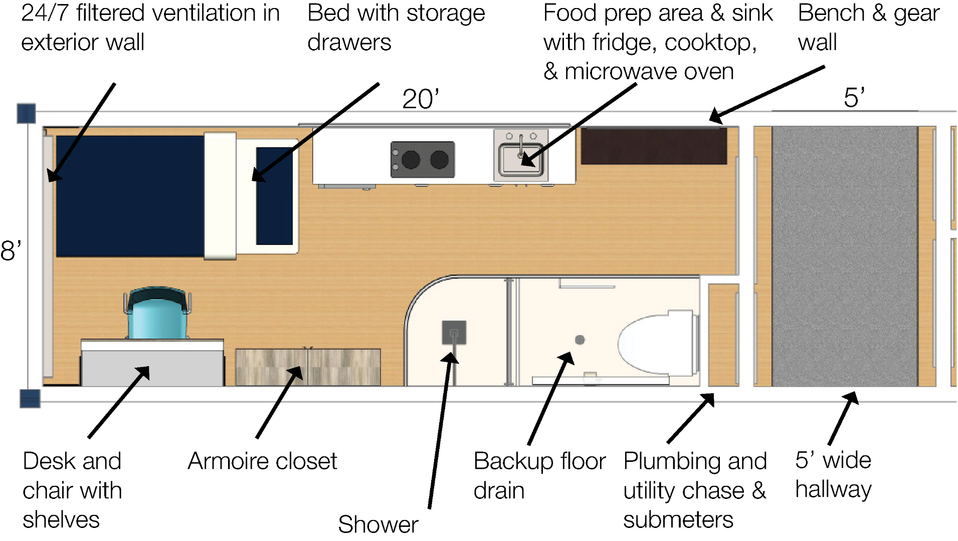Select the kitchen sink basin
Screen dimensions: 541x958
pyautogui.click(x=521, y=159)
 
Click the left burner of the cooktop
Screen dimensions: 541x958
pyautogui.click(x=411, y=160)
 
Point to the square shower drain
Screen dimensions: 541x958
pyautogui.click(x=454, y=333)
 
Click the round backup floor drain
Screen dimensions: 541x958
pyautogui.click(x=580, y=340)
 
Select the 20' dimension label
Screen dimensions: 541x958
pyautogui.click(x=420, y=99)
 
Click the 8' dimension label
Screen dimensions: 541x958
pyautogui.click(x=11, y=250)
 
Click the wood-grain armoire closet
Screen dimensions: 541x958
pyautogui.click(x=307, y=367)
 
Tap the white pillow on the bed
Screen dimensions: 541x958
pyautogui.click(x=220, y=195)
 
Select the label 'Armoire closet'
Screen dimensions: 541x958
pyautogui.click(x=262, y=461)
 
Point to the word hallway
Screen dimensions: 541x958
pyautogui.click(x=833, y=489)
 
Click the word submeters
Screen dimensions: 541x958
pyautogui.click(x=678, y=519)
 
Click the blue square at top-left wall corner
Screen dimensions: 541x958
pyautogui.click(x=26, y=114)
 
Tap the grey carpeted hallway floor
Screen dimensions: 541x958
pyautogui.click(x=845, y=255)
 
